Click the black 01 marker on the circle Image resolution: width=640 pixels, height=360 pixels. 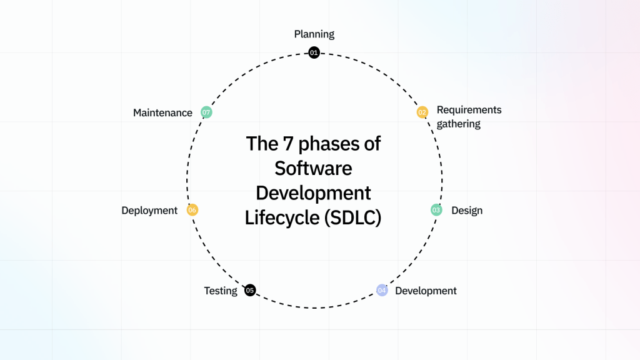[x=314, y=53]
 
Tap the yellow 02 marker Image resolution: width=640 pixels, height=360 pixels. [x=422, y=112]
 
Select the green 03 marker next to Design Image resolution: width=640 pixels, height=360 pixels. [x=436, y=210]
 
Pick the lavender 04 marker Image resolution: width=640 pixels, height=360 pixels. [x=382, y=290]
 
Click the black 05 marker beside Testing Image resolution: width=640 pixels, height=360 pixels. [x=250, y=290]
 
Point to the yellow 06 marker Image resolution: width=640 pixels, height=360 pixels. [x=192, y=210]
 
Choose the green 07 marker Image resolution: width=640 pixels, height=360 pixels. [x=206, y=112]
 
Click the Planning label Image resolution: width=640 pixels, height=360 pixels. [x=314, y=34]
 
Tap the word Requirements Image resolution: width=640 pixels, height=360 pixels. [x=469, y=110]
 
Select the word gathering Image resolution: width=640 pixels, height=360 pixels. [x=459, y=124]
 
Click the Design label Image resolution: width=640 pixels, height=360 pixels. [x=467, y=211]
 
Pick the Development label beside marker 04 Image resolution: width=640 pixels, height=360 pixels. [x=426, y=291]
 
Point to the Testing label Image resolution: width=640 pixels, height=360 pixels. [x=221, y=291]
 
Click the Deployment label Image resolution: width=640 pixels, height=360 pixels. [x=149, y=211]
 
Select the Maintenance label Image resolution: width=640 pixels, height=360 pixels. [x=162, y=113]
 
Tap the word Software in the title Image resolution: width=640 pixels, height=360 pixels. [x=314, y=168]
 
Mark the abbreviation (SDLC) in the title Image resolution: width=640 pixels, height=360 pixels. [x=354, y=218]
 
